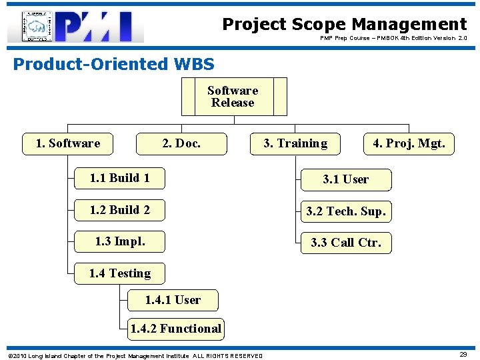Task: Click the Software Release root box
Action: pos(233,97)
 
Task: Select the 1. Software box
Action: pos(67,143)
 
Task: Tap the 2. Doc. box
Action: pos(181,143)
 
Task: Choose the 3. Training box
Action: pos(295,143)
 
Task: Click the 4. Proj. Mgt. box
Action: pos(409,143)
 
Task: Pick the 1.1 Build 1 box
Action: pos(119,178)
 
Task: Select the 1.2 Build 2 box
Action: pos(119,210)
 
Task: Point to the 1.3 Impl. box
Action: pos(119,241)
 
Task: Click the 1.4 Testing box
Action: pos(119,273)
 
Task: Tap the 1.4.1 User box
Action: pos(173,300)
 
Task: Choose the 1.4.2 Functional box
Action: pos(175,328)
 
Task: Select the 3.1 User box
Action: pos(345,179)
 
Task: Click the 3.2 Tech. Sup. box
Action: pos(345,211)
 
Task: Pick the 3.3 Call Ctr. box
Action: pos(345,243)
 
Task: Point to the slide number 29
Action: pos(463,355)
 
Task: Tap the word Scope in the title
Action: pos(313,25)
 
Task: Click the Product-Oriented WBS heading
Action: pos(113,64)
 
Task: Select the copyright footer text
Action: pos(134,355)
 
